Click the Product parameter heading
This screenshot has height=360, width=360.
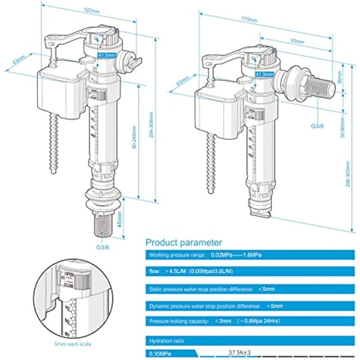click(184, 242)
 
